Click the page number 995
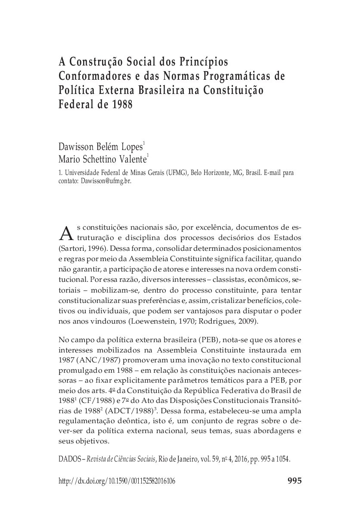pyautogui.click(x=293, y=481)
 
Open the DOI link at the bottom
pyautogui.click(x=116, y=481)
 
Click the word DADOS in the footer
pyautogui.click(x=69, y=459)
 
